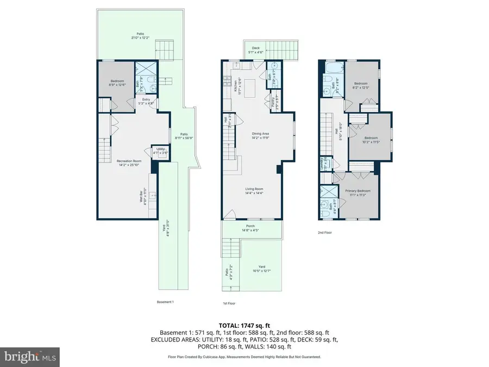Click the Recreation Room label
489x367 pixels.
pyautogui.click(x=129, y=162)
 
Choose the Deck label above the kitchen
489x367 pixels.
pyautogui.click(x=255, y=49)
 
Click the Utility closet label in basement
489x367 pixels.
pyautogui.click(x=161, y=150)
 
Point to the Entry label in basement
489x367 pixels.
pyautogui.click(x=146, y=101)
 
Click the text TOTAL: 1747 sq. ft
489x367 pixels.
pyautogui.click(x=244, y=324)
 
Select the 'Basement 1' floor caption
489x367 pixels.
pyautogui.click(x=165, y=302)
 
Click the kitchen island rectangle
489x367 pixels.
pyautogui.click(x=250, y=86)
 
